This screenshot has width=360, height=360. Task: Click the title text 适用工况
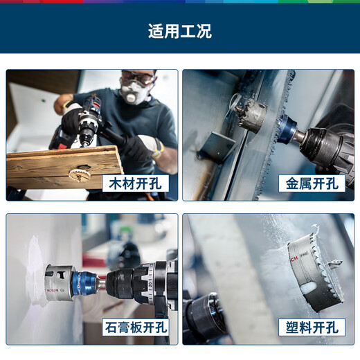[x=179, y=31]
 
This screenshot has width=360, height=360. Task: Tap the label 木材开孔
[x=135, y=183]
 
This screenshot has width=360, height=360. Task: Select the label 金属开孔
[x=312, y=183]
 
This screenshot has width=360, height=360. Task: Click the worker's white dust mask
[x=134, y=93]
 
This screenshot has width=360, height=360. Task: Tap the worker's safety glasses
[x=137, y=78]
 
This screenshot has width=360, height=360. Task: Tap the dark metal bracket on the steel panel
[x=215, y=147]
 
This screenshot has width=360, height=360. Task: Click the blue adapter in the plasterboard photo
[x=84, y=280]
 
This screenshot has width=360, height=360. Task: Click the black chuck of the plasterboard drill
[x=121, y=283]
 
